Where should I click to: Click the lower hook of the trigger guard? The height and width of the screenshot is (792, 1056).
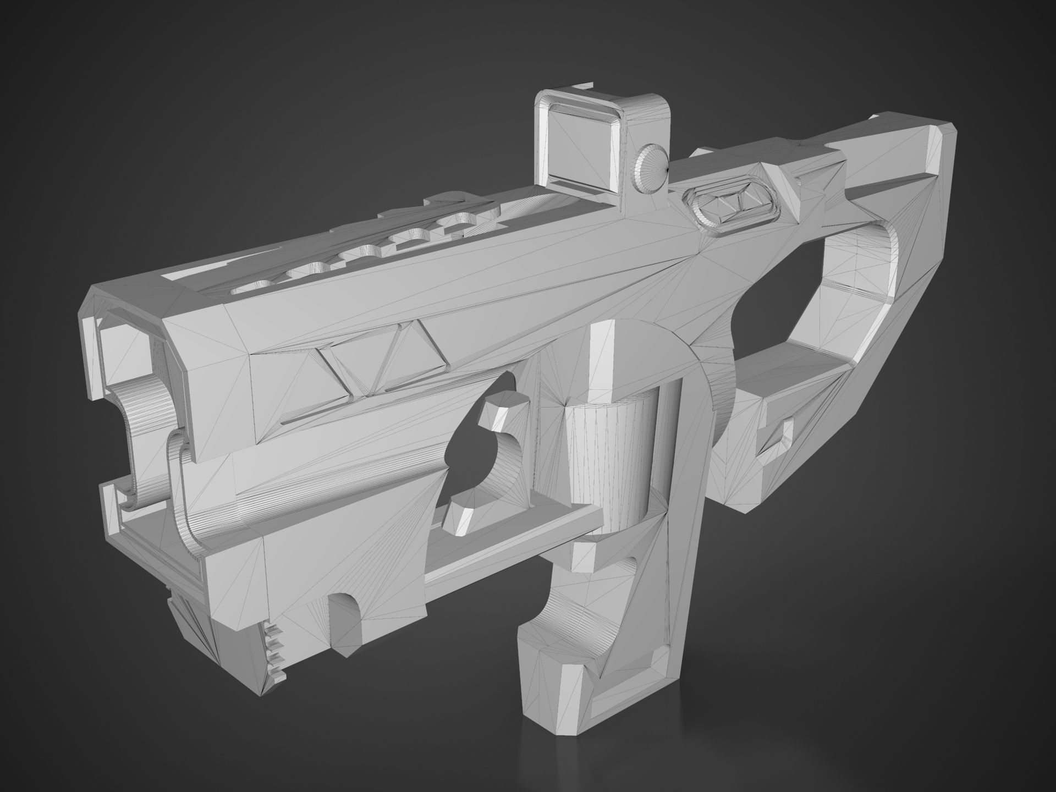click(468, 506)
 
